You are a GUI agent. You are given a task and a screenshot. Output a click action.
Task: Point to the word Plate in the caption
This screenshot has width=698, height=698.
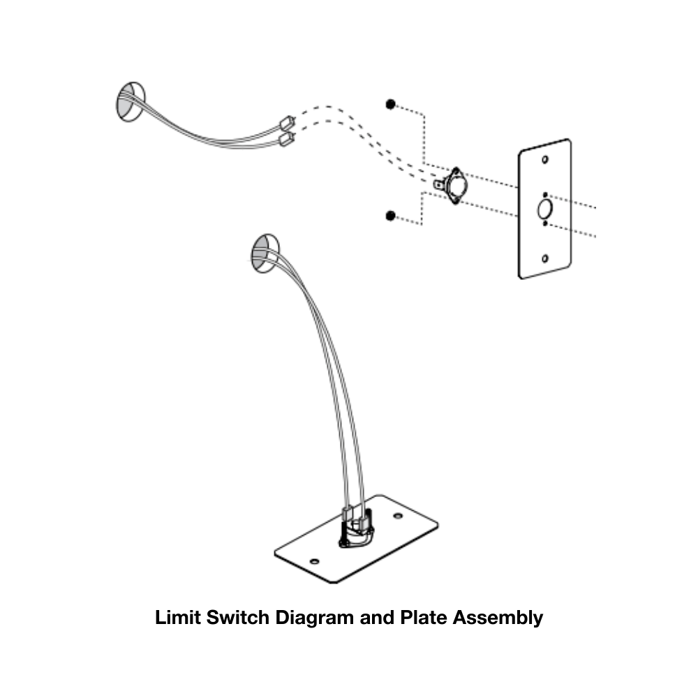424,617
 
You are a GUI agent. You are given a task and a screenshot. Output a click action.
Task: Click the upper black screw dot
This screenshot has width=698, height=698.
390,104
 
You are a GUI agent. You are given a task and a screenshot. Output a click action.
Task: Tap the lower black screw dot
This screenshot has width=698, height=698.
390,215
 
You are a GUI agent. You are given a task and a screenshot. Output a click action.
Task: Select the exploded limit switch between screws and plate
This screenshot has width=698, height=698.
454,185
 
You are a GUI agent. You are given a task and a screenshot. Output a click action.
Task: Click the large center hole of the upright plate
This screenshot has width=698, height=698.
544,209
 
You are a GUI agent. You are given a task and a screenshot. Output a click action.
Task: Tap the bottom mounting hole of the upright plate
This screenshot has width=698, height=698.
544,259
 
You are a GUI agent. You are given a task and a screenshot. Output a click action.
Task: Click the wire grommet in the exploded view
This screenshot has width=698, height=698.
129,102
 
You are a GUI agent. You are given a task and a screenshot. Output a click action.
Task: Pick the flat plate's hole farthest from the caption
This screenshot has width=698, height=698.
398,516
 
